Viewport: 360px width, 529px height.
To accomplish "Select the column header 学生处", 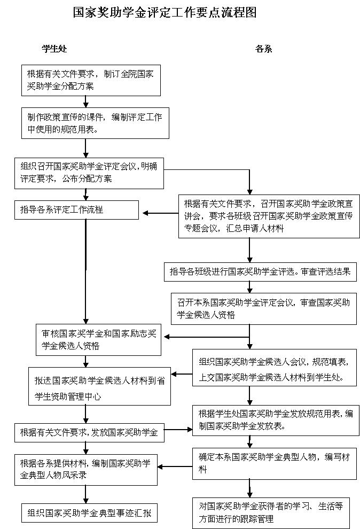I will click(54, 49).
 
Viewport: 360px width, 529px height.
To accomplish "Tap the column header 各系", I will click(264, 49).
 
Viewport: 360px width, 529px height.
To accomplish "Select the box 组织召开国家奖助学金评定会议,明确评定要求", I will click(89, 173).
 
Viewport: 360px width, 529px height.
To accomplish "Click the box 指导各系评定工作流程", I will click(76, 209).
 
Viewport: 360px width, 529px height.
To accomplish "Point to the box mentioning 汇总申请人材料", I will click(269, 216).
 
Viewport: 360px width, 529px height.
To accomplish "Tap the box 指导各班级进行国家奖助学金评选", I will click(260, 271).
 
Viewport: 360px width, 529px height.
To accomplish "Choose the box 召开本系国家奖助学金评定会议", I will click(263, 308).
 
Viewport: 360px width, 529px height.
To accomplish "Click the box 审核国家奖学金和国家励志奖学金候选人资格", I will click(98, 339).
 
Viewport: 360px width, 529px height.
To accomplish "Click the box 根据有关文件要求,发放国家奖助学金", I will click(89, 432).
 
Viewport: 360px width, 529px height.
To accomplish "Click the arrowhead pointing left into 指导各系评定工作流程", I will click(146, 214).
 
